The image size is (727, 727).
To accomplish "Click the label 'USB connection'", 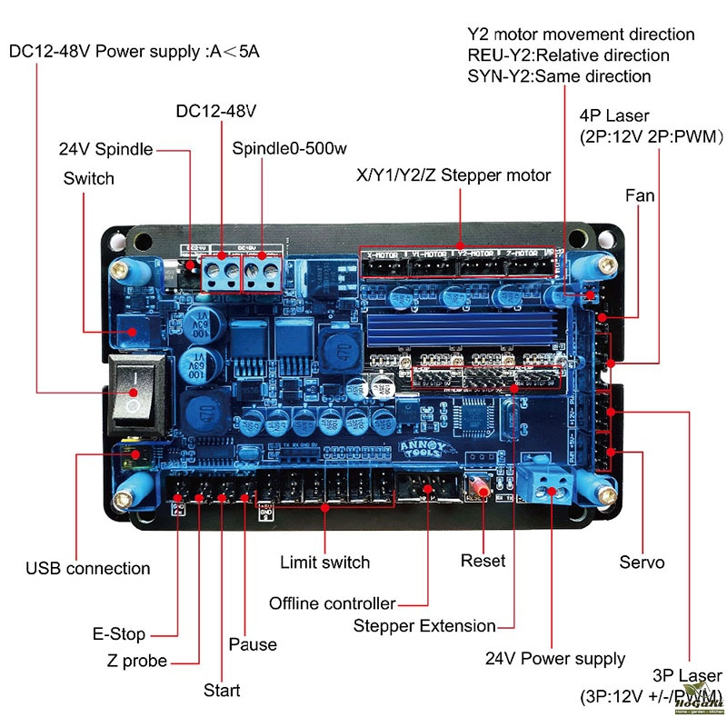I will click(x=88, y=569).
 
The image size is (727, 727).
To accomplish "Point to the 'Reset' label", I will click(x=483, y=561).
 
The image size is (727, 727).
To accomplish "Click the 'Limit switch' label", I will click(x=324, y=563).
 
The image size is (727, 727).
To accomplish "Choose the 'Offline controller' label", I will click(x=333, y=603).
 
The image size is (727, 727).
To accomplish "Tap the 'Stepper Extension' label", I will click(x=424, y=626).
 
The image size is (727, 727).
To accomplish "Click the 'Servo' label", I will click(x=642, y=563).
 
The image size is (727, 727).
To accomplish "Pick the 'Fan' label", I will click(x=640, y=195).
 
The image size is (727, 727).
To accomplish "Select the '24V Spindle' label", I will click(x=105, y=149).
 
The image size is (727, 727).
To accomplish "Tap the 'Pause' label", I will click(x=254, y=644).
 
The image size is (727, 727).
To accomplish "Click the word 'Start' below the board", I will click(x=222, y=691).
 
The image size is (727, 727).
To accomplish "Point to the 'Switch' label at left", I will click(x=89, y=178).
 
